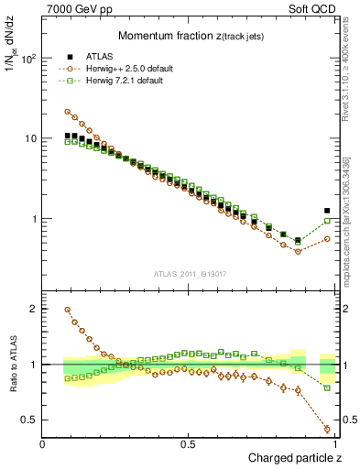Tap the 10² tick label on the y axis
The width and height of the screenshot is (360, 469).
(x=28, y=59)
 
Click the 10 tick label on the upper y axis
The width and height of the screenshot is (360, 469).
(x=30, y=139)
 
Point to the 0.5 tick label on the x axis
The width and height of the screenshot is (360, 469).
(x=188, y=444)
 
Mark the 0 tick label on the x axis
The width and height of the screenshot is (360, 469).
(x=43, y=444)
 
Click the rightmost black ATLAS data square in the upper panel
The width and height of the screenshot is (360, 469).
(x=328, y=211)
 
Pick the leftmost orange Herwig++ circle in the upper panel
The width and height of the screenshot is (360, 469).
(x=68, y=112)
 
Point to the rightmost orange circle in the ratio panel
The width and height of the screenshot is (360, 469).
(x=328, y=429)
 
